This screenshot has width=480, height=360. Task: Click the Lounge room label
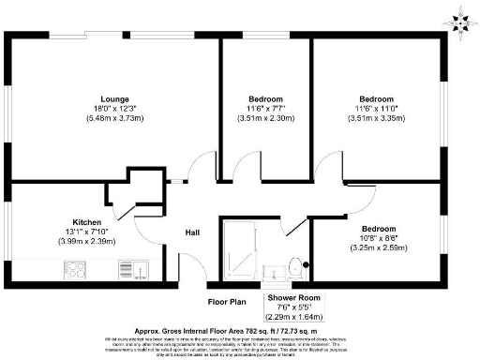pos(115,98)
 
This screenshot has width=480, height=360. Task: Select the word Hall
pos(191,232)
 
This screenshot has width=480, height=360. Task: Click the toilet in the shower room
pos(295,266)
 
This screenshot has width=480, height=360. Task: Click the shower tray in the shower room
pos(239,249)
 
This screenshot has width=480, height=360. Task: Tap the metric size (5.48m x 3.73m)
pos(115,119)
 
